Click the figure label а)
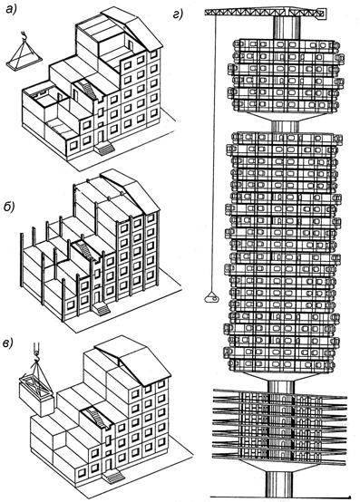(x=13, y=10)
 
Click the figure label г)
(x=178, y=14)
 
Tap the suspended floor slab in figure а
(x=24, y=63)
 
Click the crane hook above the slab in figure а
(x=24, y=35)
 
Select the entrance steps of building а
(x=104, y=150)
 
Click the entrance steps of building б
(x=101, y=310)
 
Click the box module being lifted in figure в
(x=36, y=396)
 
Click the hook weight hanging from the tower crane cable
(x=211, y=299)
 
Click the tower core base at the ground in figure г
(x=279, y=483)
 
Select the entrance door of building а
(x=101, y=136)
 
